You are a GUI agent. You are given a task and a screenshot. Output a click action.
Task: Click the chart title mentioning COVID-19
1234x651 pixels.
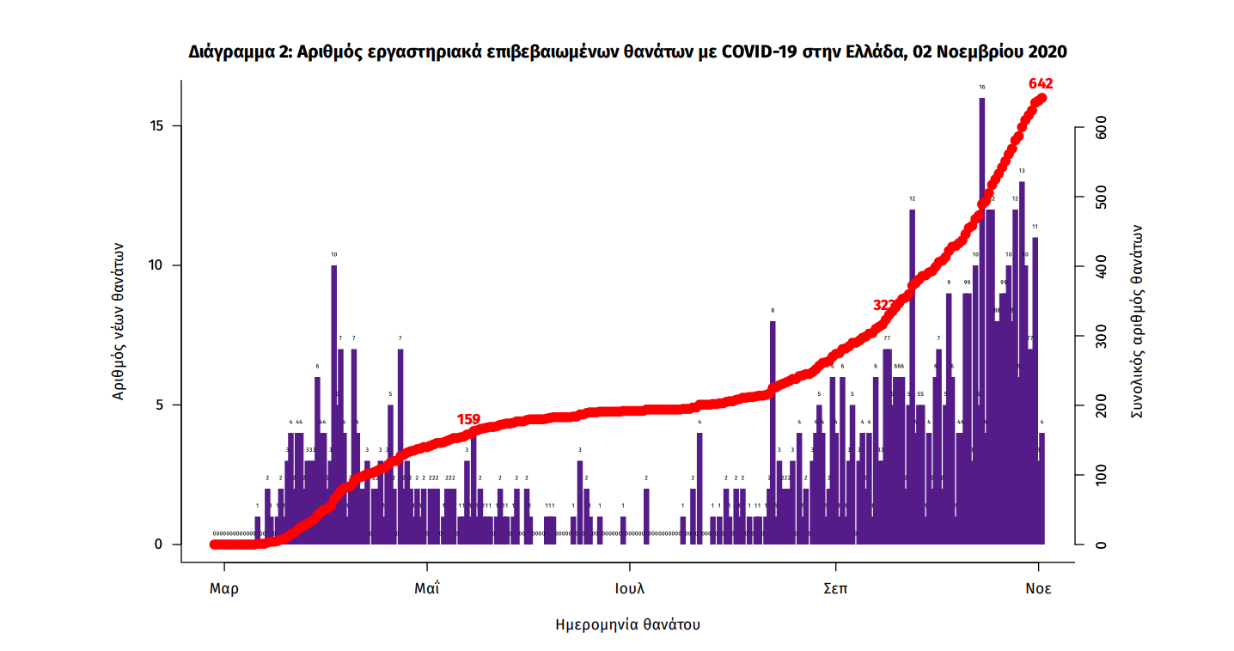(627, 52)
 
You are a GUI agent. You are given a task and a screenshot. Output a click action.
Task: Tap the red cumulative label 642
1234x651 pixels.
(1041, 84)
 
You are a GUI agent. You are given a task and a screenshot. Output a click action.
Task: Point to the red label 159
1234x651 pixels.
(468, 420)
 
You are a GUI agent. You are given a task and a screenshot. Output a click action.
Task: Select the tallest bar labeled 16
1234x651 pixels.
(981, 318)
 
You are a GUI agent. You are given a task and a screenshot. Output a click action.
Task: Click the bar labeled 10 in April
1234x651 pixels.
(334, 404)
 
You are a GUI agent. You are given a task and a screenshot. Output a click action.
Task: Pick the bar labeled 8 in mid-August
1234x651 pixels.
(773, 429)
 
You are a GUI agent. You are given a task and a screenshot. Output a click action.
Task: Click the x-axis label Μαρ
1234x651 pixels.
(224, 589)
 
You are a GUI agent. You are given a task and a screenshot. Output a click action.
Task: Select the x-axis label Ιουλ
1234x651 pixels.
(630, 589)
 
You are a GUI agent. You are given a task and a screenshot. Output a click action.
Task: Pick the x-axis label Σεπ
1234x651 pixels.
(834, 589)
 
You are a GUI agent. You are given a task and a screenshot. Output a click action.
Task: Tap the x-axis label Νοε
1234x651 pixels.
(1038, 589)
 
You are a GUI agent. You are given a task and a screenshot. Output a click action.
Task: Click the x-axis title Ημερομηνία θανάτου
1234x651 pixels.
(628, 624)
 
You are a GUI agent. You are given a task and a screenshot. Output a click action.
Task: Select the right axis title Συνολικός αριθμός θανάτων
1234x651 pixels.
(1136, 321)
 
